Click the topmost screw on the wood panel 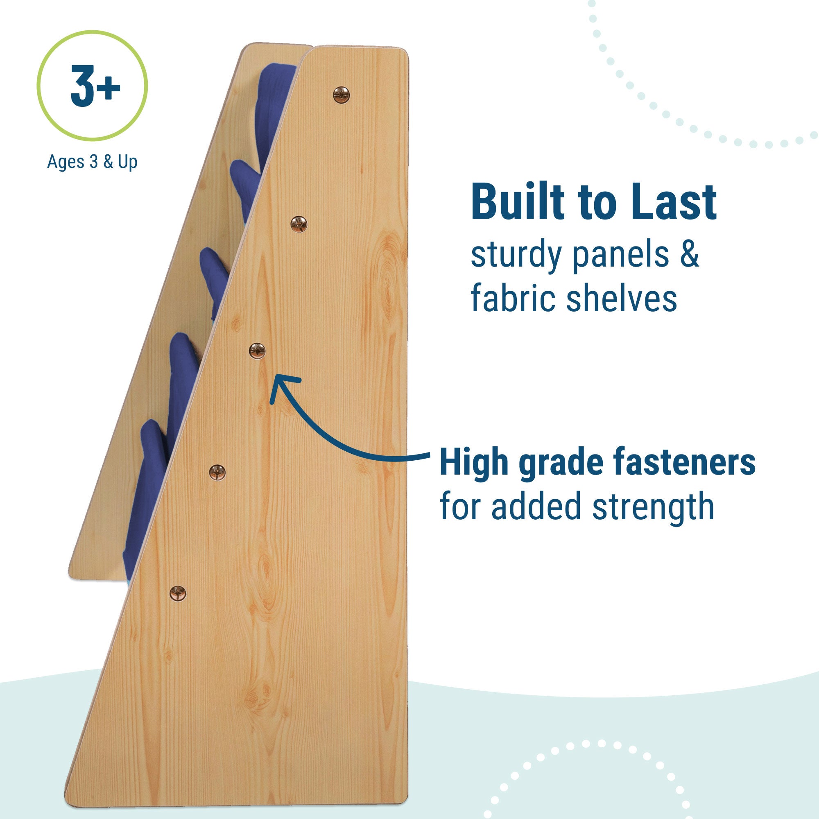341,95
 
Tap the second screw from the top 299,224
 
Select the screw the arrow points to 257,351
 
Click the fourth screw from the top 217,472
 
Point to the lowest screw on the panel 178,593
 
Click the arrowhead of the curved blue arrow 282,388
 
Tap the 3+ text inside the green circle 95,86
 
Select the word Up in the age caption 128,162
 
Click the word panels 620,256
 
